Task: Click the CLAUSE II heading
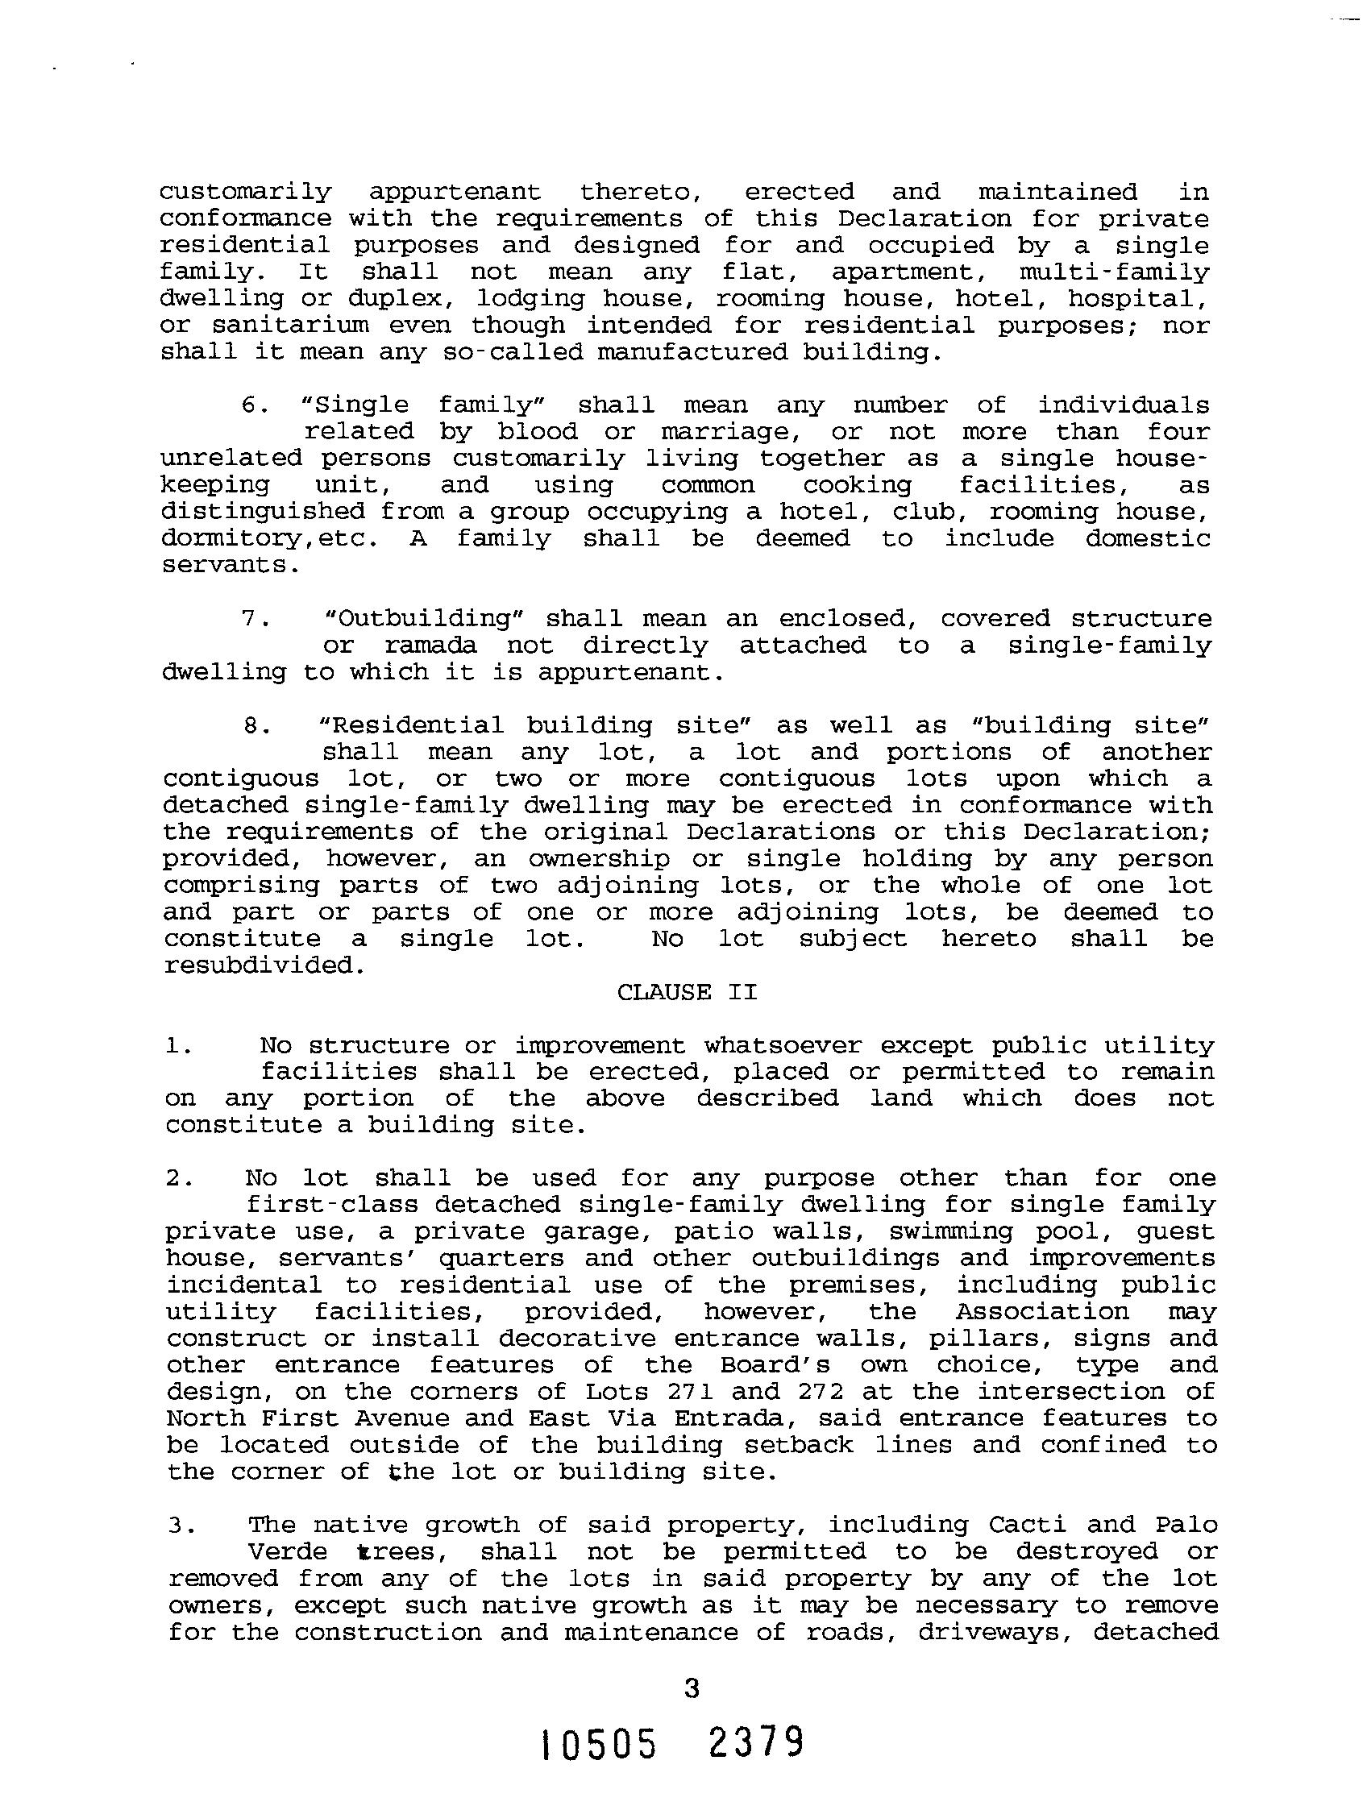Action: pos(687,992)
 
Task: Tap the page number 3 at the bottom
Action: pos(691,1688)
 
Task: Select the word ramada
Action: pos(430,645)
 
